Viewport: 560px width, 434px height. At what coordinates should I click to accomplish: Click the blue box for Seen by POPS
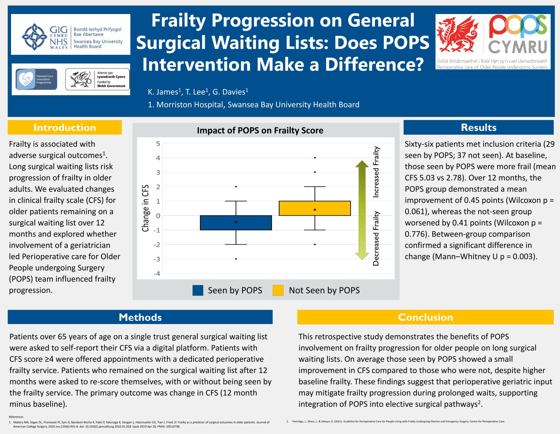236,223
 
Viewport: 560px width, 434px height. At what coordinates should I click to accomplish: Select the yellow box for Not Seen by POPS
315,208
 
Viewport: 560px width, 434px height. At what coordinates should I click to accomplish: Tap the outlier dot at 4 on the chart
315,158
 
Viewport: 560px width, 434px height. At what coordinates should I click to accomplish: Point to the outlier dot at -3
236,259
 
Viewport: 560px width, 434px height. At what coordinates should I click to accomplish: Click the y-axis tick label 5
158,144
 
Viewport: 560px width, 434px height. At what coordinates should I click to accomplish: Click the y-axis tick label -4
157,274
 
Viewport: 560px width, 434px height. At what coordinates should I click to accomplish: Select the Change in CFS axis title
145,208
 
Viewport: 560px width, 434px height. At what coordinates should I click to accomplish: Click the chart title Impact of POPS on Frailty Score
260,130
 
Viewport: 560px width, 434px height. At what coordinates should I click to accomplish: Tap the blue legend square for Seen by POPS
198,290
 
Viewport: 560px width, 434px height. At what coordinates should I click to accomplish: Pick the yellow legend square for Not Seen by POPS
278,290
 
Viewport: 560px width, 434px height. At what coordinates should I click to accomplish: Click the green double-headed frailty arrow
362,210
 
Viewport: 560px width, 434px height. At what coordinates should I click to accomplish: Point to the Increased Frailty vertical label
376,172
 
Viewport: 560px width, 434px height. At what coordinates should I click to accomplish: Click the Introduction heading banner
64,128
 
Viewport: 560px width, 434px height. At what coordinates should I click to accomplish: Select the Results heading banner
478,128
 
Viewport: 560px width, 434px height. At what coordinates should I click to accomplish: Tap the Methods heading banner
140,317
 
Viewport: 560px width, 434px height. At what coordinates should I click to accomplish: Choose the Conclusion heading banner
425,317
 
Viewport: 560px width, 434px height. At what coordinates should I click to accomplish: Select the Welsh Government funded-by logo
97,80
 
